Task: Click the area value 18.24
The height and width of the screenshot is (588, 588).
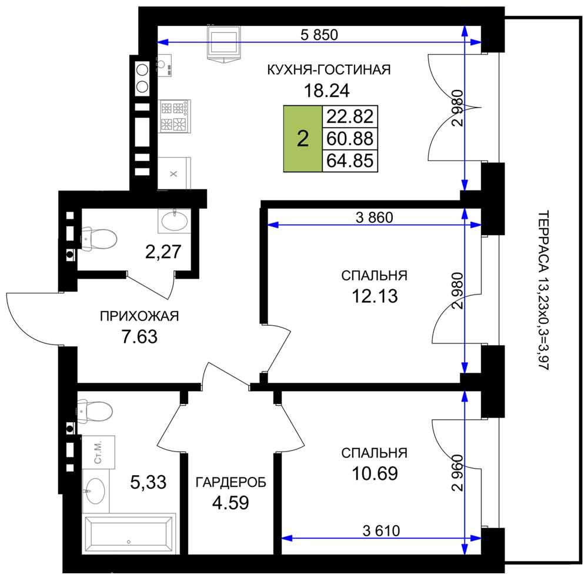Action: (x=326, y=91)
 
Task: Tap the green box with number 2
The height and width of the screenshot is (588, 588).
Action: (x=303, y=139)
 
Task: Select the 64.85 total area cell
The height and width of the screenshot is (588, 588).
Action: (x=350, y=161)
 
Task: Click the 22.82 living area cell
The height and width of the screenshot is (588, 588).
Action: (x=350, y=116)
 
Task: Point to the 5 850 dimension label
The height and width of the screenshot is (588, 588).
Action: (x=319, y=35)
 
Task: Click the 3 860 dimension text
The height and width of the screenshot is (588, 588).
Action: (x=374, y=218)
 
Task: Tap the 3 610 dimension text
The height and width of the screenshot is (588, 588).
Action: (x=382, y=530)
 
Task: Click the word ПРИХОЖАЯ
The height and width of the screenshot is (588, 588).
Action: (x=139, y=316)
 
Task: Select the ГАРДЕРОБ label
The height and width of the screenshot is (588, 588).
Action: (x=230, y=482)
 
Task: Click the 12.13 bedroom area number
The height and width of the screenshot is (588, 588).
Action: (x=375, y=296)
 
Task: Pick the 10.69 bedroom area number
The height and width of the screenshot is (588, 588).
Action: (x=375, y=473)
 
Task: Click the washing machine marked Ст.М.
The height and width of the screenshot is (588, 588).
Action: (x=98, y=452)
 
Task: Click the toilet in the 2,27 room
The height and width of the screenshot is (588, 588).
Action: (x=99, y=238)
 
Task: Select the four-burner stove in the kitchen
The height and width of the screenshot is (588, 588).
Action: (x=175, y=116)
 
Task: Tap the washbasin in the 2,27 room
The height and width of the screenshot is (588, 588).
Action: (x=174, y=220)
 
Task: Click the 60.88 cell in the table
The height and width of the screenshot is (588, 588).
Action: (x=350, y=139)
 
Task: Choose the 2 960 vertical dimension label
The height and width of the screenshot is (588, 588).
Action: (x=458, y=473)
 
